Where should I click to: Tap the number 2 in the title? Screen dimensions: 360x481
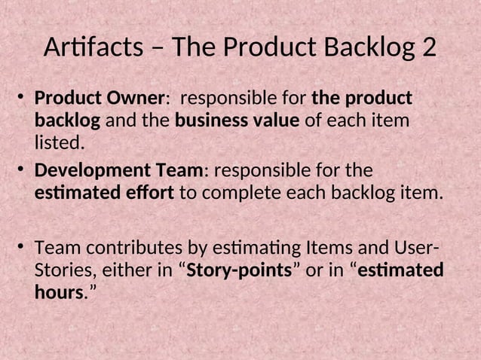pyautogui.click(x=428, y=48)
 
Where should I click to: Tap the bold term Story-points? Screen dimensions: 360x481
pyautogui.click(x=238, y=270)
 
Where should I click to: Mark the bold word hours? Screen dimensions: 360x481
pyautogui.click(x=57, y=292)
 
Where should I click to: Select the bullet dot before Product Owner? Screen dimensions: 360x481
pyautogui.click(x=23, y=99)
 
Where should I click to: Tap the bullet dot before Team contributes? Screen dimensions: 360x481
pyautogui.click(x=23, y=249)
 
